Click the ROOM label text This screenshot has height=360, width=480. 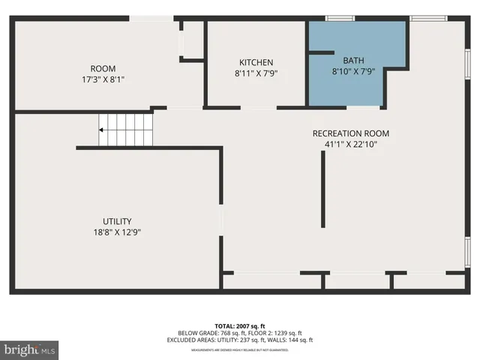coord(103,68)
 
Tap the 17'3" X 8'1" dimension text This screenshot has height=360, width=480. coord(103,78)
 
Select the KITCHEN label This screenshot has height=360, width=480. coord(256,62)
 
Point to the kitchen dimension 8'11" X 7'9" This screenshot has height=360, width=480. coord(256,73)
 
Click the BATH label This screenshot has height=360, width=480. coord(352,61)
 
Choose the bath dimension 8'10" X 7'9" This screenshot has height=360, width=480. coord(352,71)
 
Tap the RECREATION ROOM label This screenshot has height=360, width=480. coord(350,133)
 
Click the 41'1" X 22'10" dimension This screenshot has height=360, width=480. coord(350,144)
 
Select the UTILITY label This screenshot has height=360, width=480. coord(117,221)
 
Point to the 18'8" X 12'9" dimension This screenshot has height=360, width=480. coord(117,232)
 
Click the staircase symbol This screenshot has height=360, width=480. coord(127,130)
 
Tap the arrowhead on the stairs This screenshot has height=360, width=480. coord(101,130)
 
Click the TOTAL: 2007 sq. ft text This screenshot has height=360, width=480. coord(239,326)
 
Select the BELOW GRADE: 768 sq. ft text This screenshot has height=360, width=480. coord(207,333)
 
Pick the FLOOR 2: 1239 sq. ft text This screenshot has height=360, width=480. coord(271,333)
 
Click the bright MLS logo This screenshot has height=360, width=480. coord(30,349)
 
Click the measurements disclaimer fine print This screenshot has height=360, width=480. coord(239,349)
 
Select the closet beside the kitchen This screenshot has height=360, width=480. coord(193,41)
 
